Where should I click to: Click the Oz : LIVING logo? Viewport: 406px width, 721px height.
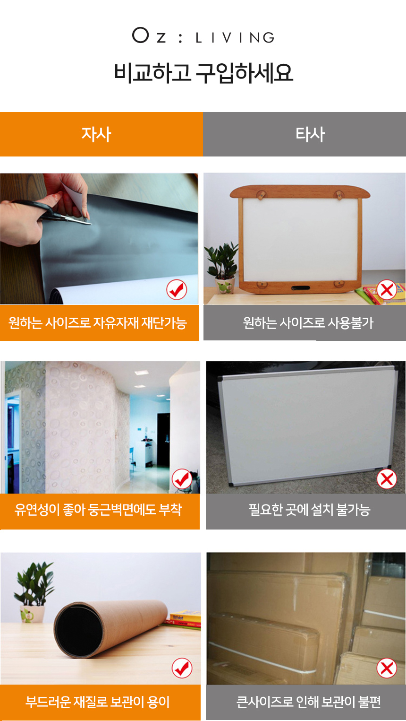[203, 36]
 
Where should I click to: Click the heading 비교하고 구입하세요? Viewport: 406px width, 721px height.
[203, 73]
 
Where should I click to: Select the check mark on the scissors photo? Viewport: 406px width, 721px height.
[177, 290]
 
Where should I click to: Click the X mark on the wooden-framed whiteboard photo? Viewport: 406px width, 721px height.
[386, 290]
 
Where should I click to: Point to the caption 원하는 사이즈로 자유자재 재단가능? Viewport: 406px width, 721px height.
[97, 323]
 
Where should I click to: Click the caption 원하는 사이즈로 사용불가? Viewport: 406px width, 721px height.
[308, 323]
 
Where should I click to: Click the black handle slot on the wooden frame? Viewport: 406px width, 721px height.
[301, 288]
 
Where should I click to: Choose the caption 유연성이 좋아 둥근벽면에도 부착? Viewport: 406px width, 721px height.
[98, 510]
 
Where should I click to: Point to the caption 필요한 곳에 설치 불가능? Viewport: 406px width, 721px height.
[309, 510]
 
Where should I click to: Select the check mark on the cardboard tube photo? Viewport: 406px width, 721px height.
[182, 668]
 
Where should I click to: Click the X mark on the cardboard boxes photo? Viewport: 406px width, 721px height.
[386, 668]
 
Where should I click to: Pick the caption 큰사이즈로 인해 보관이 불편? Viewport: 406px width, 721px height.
[309, 702]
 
